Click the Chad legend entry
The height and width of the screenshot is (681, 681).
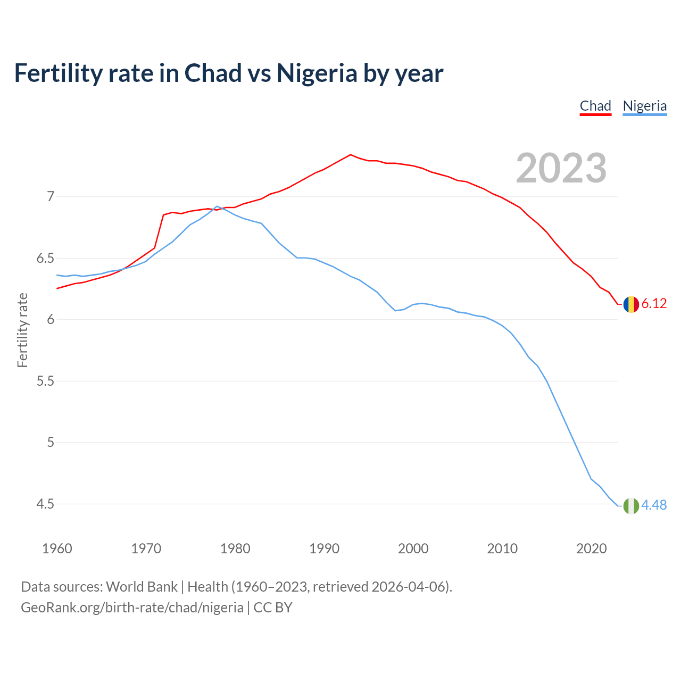[595, 106]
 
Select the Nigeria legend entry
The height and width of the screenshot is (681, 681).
[644, 106]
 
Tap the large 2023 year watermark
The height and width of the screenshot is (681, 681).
[561, 168]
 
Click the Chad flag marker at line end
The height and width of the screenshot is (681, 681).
[631, 304]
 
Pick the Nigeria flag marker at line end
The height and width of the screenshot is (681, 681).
[631, 506]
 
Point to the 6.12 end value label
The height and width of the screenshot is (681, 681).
[654, 304]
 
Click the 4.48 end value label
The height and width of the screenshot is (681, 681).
[654, 505]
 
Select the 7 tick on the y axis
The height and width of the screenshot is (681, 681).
[51, 197]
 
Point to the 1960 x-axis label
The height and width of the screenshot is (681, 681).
[57, 549]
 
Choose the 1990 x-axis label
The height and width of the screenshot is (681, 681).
[324, 549]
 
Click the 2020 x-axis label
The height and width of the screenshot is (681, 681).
[591, 549]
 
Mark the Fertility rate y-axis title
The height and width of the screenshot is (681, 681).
[22, 330]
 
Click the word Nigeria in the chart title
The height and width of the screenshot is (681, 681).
[317, 73]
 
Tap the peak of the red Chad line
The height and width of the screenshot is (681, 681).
[350, 155]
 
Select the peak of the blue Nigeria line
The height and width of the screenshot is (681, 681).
[217, 206]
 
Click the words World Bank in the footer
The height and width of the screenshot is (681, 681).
[142, 587]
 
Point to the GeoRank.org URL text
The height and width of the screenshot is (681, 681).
[132, 608]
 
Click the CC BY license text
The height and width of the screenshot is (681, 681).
[273, 608]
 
